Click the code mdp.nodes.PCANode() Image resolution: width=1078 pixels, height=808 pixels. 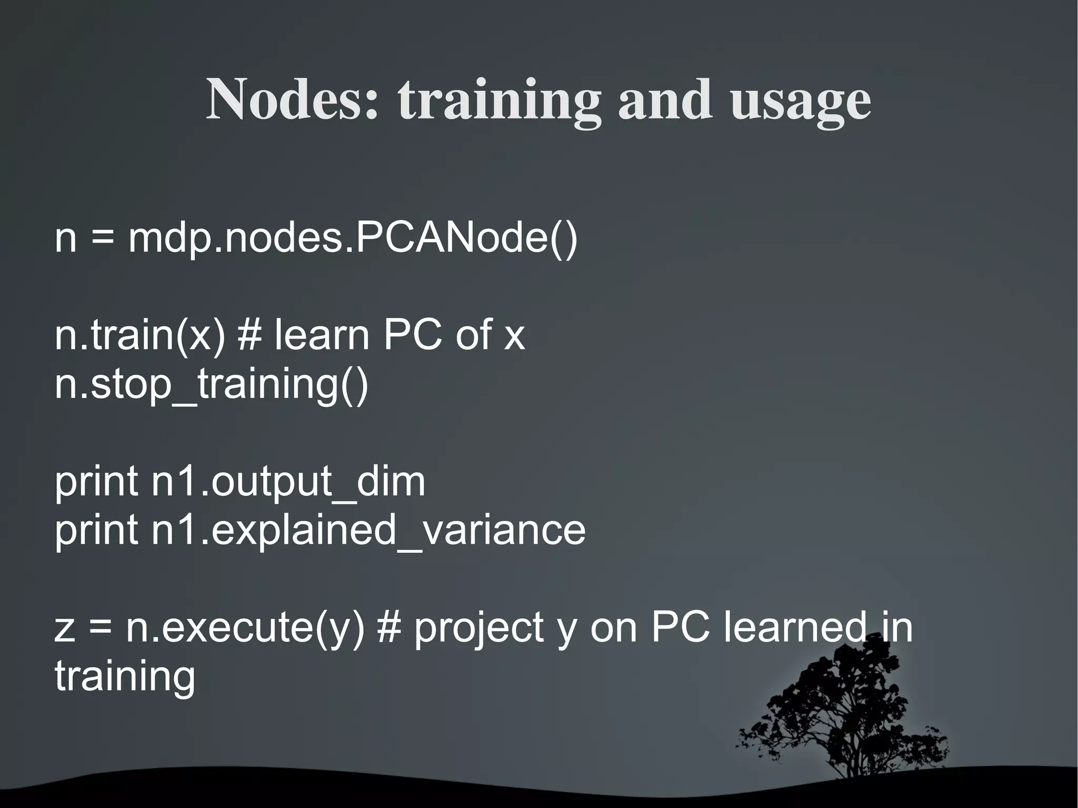coord(353,238)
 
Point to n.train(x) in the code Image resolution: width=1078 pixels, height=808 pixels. coord(140,335)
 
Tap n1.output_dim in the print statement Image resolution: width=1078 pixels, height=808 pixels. coord(288,483)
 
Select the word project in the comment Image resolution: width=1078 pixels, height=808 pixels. coord(478,630)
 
